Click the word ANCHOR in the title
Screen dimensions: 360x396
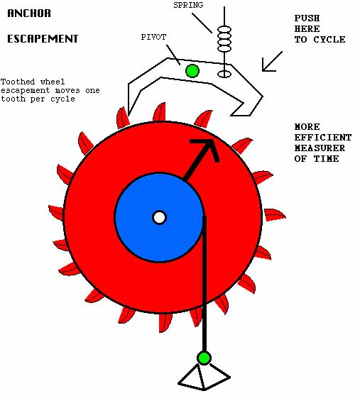[29, 13]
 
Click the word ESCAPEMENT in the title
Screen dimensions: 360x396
[43, 39]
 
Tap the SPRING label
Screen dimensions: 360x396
[188, 5]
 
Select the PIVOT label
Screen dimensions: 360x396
[153, 37]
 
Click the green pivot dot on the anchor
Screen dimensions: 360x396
[192, 71]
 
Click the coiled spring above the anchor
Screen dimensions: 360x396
[224, 39]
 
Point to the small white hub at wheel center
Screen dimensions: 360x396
[160, 217]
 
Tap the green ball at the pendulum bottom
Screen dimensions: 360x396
[204, 358]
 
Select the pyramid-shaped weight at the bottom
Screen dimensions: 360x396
[204, 378]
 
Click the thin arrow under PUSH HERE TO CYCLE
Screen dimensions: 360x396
[272, 61]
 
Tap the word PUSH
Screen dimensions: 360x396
[307, 18]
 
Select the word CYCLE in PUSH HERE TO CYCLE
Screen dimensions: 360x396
[329, 40]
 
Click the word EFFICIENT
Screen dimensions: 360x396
[323, 138]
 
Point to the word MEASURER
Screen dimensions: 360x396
[320, 148]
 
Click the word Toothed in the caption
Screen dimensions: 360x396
[18, 82]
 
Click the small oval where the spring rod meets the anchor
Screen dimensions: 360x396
[224, 74]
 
